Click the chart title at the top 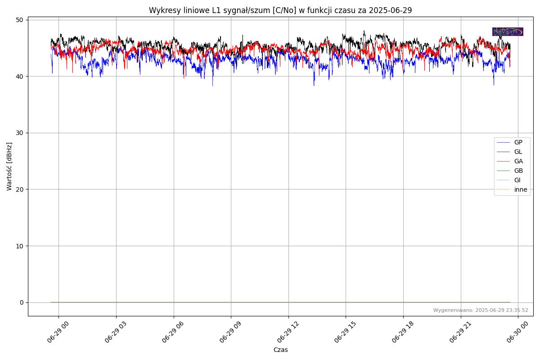click(280, 10)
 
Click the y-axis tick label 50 click(20, 20)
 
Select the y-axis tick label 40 click(20, 76)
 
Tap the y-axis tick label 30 click(20, 133)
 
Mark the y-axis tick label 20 click(20, 189)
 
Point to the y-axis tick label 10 click(20, 246)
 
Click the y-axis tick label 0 click(22, 302)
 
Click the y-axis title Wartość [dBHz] click(9, 166)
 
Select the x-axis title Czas click(280, 350)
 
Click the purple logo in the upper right click(508, 31)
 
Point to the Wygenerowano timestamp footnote click(481, 310)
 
